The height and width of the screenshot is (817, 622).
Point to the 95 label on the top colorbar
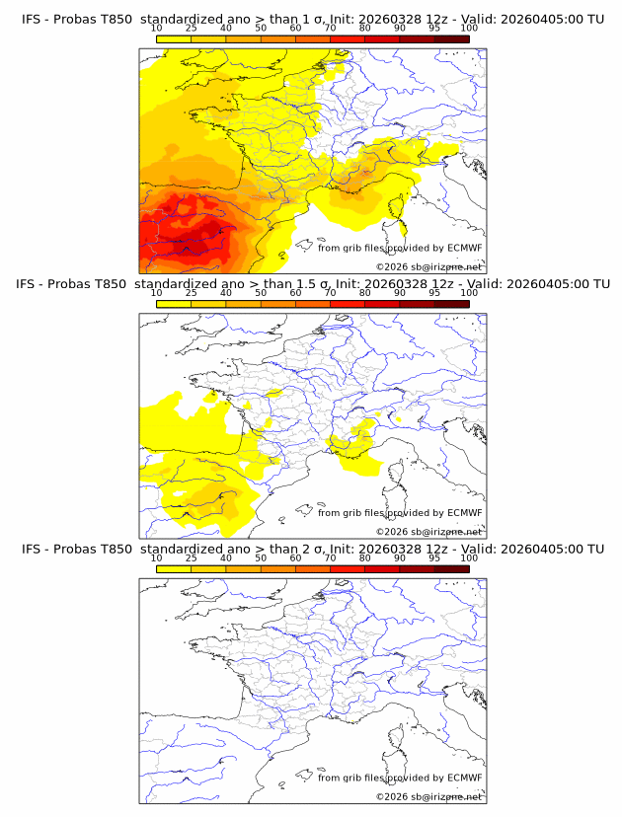point(433,29)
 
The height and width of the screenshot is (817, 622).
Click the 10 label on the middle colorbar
point(156,293)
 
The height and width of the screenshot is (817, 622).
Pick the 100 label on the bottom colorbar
point(469,557)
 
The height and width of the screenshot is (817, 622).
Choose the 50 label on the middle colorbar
point(261,293)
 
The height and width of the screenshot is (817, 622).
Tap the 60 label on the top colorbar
point(295,29)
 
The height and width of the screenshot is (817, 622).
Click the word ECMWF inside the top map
point(464,248)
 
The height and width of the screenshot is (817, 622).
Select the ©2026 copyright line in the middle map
point(428,532)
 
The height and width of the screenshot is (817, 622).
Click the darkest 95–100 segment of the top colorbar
point(451,38)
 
